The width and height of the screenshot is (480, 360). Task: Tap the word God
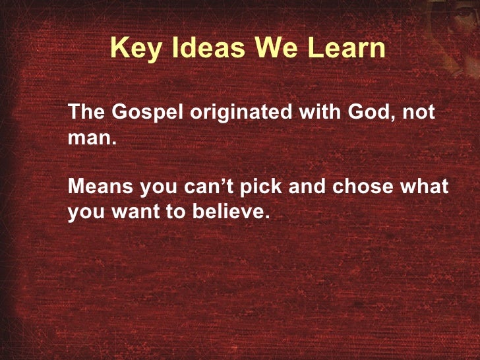coord(363,112)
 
